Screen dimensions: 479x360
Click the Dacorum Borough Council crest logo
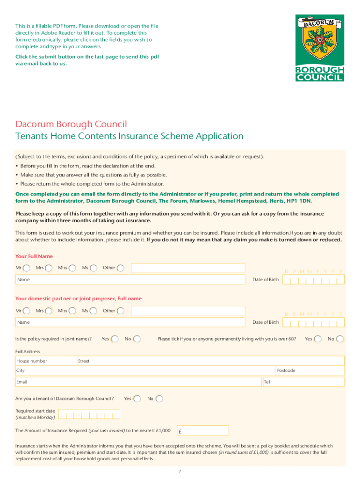point(319,48)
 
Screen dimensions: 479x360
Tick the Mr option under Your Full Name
point(27,268)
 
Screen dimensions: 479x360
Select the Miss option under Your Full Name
point(72,268)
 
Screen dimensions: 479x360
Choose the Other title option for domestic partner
point(121,311)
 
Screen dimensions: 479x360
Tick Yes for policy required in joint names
point(115,339)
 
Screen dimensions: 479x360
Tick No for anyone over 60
point(340,339)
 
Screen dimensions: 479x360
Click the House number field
point(45,361)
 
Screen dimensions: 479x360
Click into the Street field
point(210,361)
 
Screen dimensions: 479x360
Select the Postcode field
point(310,370)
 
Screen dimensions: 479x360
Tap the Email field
point(138,382)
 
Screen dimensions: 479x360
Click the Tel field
point(303,382)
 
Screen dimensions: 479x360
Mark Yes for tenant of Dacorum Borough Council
point(137,399)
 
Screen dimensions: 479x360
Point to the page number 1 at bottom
point(180,471)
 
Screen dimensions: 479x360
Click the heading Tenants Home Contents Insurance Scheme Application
point(130,136)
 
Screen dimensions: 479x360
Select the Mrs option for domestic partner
point(49,311)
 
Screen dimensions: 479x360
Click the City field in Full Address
point(145,370)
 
